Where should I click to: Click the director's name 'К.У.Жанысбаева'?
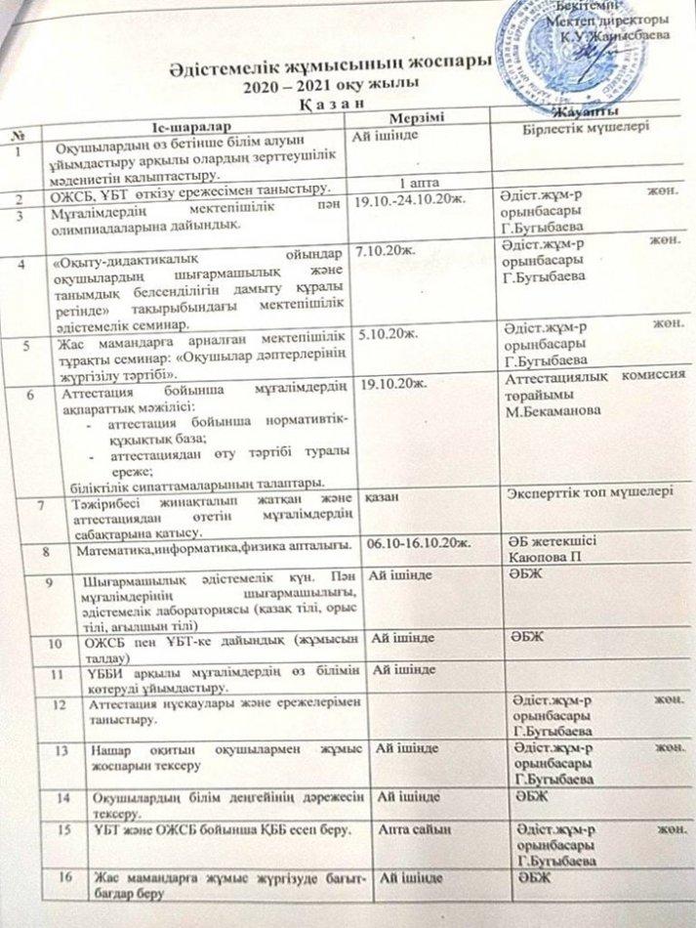[613, 33]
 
